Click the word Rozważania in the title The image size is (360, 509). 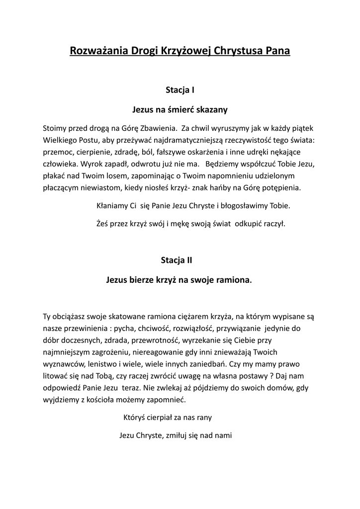click(97, 51)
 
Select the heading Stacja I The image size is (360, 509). click(180, 90)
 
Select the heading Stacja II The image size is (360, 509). click(180, 260)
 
